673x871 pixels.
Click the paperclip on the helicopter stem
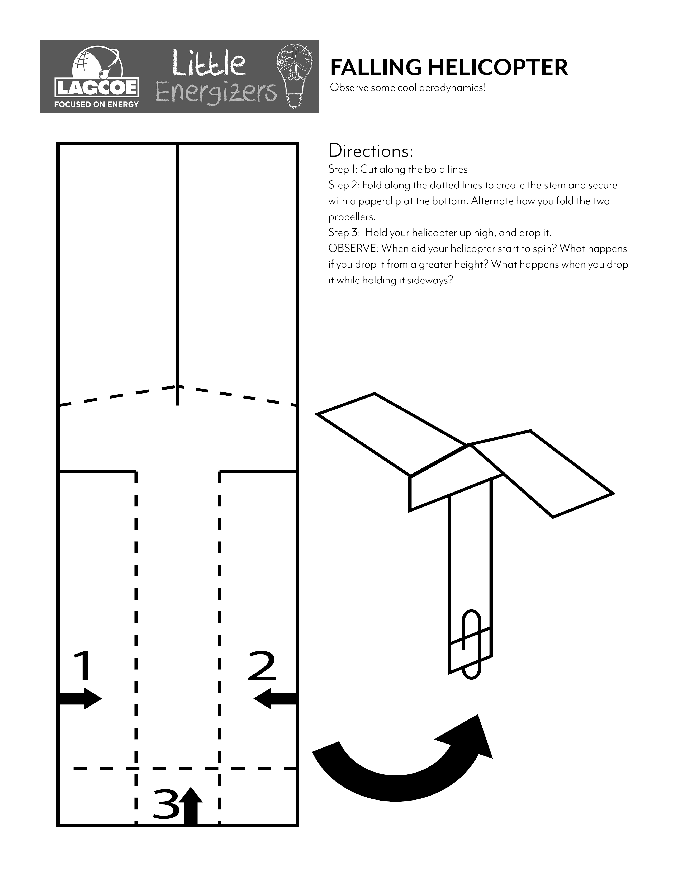[x=471, y=644]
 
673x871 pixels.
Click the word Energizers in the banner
[x=215, y=93]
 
